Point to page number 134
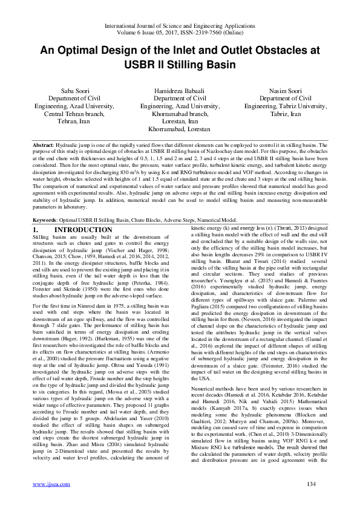[312, 484]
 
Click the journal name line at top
[180, 25]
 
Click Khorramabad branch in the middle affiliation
[178, 114]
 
